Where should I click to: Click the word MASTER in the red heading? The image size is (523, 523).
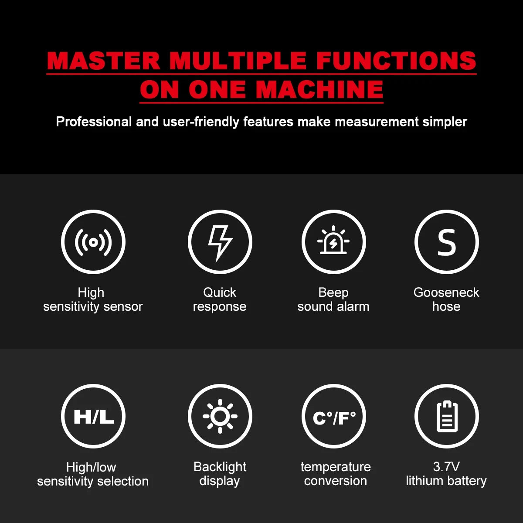[103, 60]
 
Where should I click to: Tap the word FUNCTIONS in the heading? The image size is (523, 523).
[396, 60]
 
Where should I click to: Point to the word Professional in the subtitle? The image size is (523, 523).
[94, 122]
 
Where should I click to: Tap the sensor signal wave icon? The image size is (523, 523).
[93, 242]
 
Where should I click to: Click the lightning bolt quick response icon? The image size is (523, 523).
[220, 243]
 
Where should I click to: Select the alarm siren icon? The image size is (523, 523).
[333, 240]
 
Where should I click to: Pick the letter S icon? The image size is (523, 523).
[446, 242]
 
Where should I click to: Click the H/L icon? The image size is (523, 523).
[94, 417]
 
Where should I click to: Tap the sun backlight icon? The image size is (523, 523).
[220, 416]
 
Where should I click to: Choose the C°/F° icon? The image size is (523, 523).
[334, 418]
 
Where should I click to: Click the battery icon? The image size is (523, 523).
[447, 416]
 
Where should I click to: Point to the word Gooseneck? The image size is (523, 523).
[446, 292]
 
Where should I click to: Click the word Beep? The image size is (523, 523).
[333, 293]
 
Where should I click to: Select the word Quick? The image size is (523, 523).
[220, 292]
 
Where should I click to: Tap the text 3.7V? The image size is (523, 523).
[446, 467]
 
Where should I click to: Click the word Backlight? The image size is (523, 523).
[220, 467]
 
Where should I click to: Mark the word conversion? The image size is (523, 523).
[336, 481]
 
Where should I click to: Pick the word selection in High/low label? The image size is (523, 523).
[123, 482]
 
